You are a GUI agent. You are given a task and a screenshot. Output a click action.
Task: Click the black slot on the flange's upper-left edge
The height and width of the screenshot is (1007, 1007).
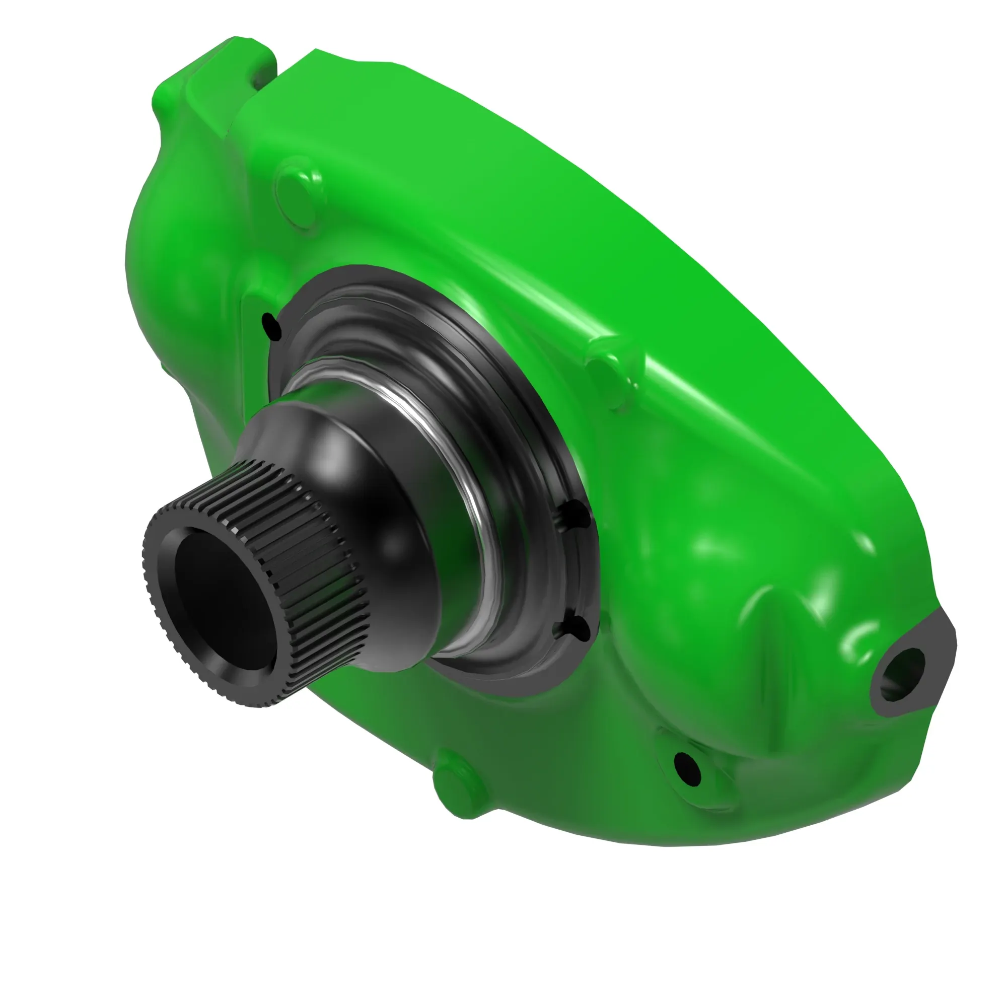point(271,326)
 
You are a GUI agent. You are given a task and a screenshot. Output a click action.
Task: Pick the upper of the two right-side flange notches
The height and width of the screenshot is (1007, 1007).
point(578,514)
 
